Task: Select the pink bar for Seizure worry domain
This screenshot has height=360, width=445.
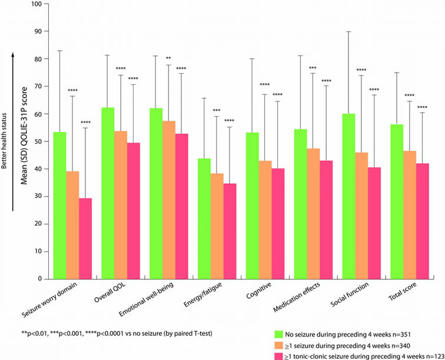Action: coord(86,238)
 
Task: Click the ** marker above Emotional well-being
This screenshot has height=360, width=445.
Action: coord(169,58)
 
